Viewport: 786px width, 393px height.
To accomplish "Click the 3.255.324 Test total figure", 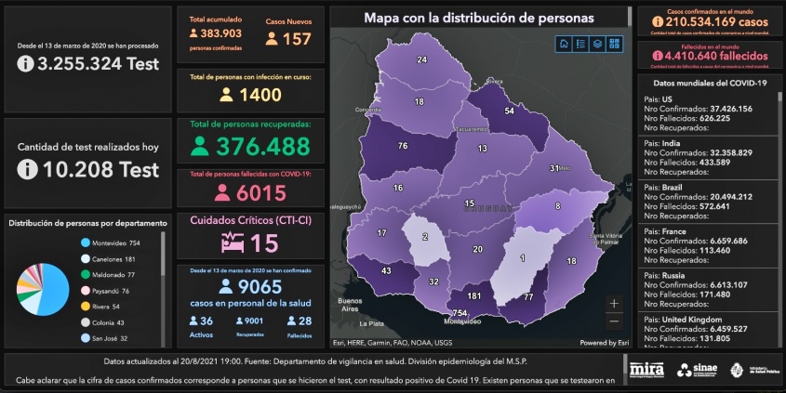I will [x=88, y=63].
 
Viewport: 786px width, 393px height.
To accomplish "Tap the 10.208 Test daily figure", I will [x=88, y=170].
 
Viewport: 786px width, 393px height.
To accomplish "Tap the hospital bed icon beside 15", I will [x=231, y=243].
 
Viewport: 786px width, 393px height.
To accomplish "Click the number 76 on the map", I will [x=403, y=146].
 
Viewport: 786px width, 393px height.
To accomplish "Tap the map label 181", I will [x=473, y=296].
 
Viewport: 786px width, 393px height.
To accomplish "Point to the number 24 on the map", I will [x=421, y=59].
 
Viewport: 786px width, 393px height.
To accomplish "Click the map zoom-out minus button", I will [x=614, y=321].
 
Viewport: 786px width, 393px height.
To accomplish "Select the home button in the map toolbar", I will [x=564, y=43].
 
